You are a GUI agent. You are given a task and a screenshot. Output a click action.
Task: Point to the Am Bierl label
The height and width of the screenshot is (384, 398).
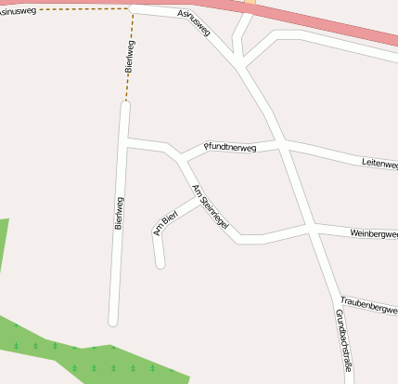(165, 224)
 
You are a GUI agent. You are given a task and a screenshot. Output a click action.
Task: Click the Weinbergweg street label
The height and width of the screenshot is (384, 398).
(374, 232)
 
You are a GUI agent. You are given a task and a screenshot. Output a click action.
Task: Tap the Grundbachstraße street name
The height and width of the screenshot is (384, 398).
(342, 340)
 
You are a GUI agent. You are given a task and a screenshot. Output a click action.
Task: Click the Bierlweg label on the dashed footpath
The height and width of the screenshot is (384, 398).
(129, 57)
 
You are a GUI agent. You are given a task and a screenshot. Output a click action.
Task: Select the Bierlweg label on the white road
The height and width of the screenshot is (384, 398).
(119, 213)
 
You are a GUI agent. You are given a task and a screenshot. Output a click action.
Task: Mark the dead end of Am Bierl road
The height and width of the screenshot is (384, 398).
(160, 265)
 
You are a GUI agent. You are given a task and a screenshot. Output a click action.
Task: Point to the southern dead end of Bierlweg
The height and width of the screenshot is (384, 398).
(113, 322)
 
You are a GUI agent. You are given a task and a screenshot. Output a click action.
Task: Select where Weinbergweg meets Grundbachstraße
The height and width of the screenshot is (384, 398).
(311, 226)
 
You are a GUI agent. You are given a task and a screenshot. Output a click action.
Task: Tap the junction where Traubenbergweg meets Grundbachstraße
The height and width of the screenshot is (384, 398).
(333, 298)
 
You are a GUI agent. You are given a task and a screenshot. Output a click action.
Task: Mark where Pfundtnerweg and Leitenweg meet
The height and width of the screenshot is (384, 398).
(282, 142)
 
